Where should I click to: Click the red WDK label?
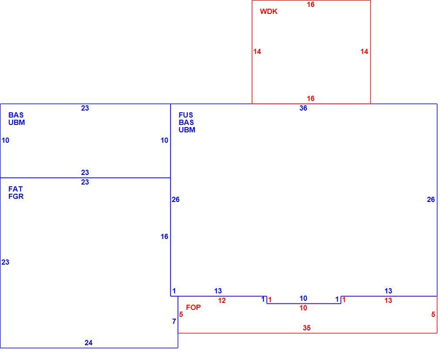[268, 11]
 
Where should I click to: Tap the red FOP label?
[193, 307]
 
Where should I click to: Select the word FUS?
[186, 115]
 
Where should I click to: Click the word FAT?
[15, 189]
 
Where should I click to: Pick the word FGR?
[16, 196]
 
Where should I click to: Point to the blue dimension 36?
[303, 108]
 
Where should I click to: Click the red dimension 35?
[307, 328]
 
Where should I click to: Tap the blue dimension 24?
[88, 343]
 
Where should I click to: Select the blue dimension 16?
[164, 237]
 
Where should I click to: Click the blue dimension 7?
[174, 322]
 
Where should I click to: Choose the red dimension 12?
[222, 300]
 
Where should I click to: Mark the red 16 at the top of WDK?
[311, 4]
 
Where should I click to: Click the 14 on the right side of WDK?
[364, 52]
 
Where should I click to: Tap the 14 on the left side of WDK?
[257, 52]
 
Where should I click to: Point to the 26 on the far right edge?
[431, 200]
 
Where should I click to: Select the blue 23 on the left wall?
[5, 262]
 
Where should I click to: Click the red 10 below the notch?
[303, 308]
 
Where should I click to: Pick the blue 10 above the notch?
[303, 298]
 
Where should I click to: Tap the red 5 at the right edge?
[433, 315]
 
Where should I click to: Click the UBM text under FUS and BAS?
[187, 130]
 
